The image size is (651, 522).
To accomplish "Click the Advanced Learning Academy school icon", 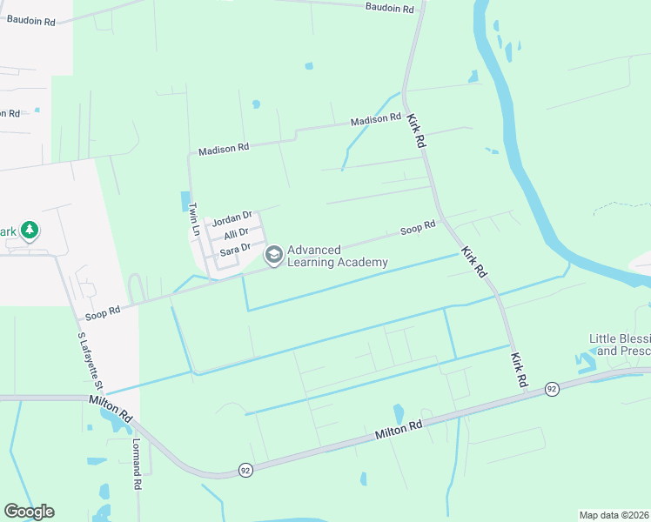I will tap(274, 255).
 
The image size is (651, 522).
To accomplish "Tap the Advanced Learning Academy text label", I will tap(338, 256).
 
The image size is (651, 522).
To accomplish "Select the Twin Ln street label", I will tap(194, 219).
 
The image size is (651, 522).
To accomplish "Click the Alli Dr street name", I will tap(236, 233).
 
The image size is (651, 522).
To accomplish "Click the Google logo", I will tap(29, 512).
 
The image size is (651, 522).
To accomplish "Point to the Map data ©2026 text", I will tap(614, 515).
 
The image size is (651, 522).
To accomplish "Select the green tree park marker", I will tap(30, 231).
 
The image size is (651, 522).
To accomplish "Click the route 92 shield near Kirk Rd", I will tap(551, 388).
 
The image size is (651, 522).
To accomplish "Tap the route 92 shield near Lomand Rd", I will tap(245, 471).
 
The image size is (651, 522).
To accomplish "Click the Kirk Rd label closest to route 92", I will tap(520, 370).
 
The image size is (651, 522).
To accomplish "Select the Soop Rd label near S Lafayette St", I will tap(103, 311).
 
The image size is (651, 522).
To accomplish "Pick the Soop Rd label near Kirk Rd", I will tap(418, 228).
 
